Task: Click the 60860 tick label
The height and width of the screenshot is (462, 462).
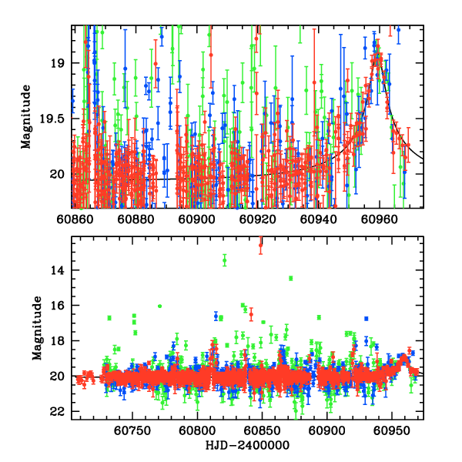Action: coord(73,219)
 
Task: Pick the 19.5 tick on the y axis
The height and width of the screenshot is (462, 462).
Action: coord(56,119)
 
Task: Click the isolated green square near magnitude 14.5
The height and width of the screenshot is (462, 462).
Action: coord(290,278)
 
